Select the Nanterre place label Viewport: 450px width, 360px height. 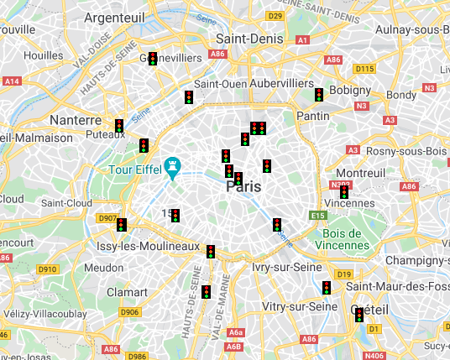coord(76,120)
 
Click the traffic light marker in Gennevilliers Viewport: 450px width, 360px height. coord(153,59)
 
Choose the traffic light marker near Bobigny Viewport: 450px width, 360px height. coord(319,95)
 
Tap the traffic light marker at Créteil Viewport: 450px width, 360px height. coord(359,316)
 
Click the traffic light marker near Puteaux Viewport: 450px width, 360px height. coord(120,126)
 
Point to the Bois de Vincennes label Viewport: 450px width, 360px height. coord(344,238)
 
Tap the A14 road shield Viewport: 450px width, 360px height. coord(12,81)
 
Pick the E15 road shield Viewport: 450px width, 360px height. coord(317,216)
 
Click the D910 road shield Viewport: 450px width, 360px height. coord(47,269)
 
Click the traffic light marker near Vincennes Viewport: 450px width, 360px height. coord(344,191)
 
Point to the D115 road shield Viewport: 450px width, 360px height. coord(364,69)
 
